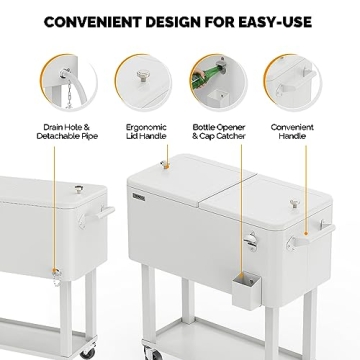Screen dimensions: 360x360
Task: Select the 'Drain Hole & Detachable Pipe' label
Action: click(67, 132)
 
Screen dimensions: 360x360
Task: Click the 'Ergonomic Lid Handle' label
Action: click(146, 132)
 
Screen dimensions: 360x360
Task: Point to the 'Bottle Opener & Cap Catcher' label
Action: click(219, 132)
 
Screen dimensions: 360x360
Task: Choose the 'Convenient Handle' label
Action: click(292, 132)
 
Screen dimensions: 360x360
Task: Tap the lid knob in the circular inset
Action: click(143, 76)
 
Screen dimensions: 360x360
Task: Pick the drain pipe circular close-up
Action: click(69, 82)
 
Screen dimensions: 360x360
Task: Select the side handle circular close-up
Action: click(293, 82)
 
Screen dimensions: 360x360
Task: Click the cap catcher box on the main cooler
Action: click(246, 291)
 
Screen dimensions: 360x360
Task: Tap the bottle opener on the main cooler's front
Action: click(251, 242)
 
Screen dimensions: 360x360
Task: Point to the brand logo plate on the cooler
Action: click(139, 197)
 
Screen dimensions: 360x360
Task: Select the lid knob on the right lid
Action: click(295, 204)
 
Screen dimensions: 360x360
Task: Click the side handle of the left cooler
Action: click(97, 216)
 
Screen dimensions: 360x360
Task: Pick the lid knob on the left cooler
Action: click(79, 189)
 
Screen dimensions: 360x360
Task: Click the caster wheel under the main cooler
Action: click(148, 352)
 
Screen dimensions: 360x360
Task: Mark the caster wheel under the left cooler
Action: click(89, 352)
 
